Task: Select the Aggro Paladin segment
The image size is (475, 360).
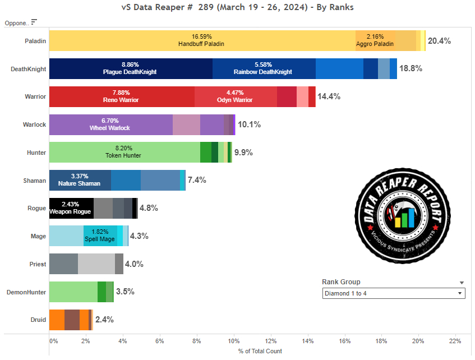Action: click(375, 41)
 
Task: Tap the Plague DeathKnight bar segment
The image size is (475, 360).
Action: click(130, 68)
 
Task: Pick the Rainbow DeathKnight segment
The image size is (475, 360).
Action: click(263, 68)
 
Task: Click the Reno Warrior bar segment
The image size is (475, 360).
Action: click(122, 96)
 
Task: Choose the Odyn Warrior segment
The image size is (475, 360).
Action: click(236, 96)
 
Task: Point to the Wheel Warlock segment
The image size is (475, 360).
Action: click(110, 124)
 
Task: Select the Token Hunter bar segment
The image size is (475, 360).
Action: click(124, 152)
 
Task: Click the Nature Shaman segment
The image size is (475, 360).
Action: click(80, 180)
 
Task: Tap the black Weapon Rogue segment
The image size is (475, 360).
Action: click(71, 208)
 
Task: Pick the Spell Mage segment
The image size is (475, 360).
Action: click(100, 236)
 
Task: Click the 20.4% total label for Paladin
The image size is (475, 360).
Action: click(439, 41)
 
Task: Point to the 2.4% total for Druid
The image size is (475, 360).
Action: click(104, 320)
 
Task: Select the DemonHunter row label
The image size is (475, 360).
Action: click(26, 292)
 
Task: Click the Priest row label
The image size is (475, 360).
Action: click(38, 264)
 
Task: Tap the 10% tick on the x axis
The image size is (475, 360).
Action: click(233, 340)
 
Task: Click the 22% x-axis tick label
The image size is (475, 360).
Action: click(455, 340)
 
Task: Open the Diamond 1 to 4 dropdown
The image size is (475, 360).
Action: click(394, 293)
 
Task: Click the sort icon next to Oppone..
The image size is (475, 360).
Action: click(34, 22)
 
